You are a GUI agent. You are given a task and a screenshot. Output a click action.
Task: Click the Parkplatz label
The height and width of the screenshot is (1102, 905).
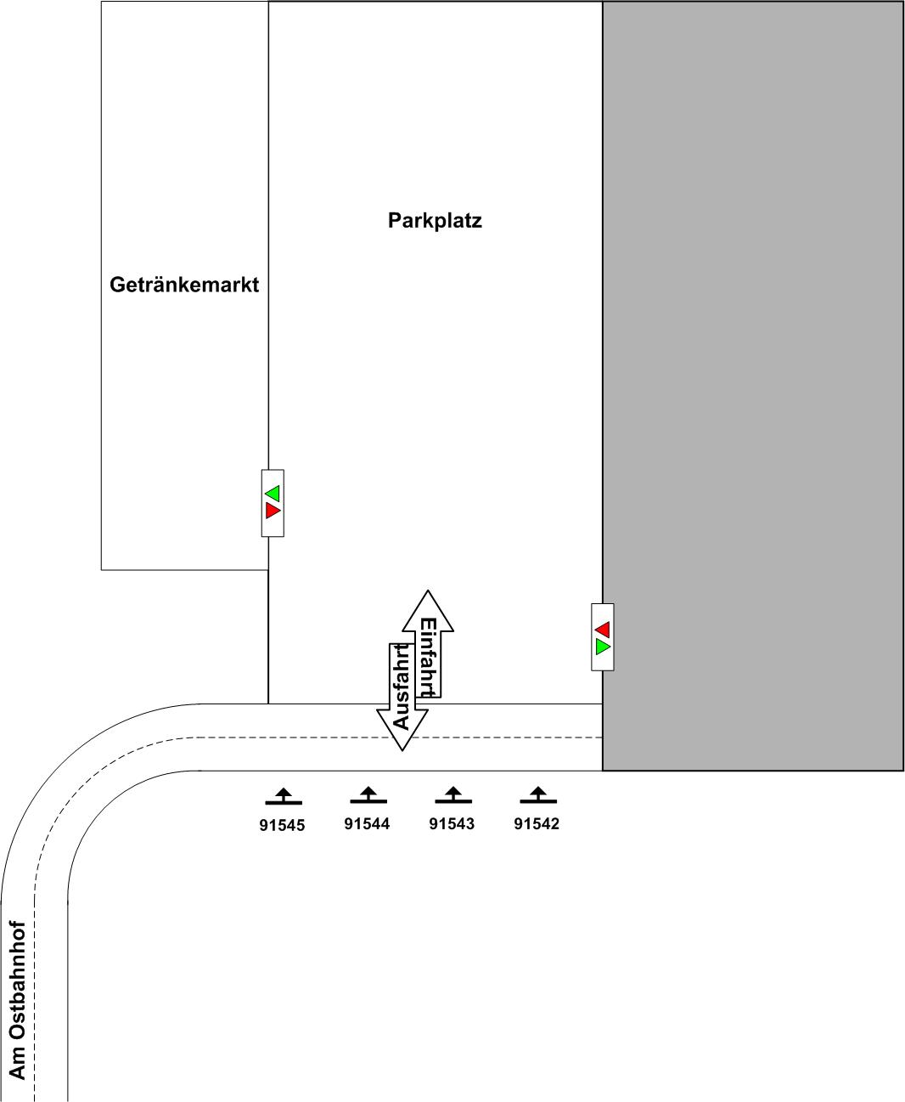tap(435, 221)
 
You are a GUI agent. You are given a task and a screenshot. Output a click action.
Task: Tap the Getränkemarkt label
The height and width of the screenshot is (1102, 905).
tap(184, 285)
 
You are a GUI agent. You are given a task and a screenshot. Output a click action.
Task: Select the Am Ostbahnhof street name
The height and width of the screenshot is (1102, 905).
tap(18, 1000)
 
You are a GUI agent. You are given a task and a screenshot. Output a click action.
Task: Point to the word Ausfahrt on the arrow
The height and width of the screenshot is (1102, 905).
tap(402, 687)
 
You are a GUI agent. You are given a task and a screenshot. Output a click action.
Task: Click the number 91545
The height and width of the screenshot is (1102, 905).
tap(282, 825)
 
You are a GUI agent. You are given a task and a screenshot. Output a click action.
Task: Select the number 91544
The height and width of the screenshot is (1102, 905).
tap(367, 823)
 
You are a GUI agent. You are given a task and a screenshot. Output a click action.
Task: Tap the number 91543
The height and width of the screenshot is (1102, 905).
tap(452, 823)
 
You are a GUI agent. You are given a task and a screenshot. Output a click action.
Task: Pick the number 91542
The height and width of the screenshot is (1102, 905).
tap(537, 823)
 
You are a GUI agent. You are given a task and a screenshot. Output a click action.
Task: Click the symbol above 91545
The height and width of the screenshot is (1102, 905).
tap(284, 796)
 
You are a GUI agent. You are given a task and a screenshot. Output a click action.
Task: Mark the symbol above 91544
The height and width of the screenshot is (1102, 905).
tap(368, 795)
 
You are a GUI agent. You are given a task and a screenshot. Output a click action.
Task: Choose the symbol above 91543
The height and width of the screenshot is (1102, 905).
tap(453, 795)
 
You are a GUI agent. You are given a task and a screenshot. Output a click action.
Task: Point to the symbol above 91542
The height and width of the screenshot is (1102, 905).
tap(538, 795)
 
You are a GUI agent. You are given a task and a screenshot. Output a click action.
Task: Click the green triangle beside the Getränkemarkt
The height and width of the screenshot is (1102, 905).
tap(273, 493)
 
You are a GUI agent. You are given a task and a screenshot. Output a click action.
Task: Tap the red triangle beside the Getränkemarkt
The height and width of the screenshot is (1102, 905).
tap(273, 510)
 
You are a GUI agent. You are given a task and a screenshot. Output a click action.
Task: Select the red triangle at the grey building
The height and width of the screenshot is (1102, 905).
tap(603, 629)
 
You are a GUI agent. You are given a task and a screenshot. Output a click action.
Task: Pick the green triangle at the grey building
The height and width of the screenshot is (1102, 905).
tap(603, 647)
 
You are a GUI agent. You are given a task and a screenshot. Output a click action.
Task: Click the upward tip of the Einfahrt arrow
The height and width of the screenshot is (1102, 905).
tap(428, 593)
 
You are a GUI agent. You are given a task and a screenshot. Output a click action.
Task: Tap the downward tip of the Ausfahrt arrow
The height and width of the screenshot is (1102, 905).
tap(402, 748)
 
